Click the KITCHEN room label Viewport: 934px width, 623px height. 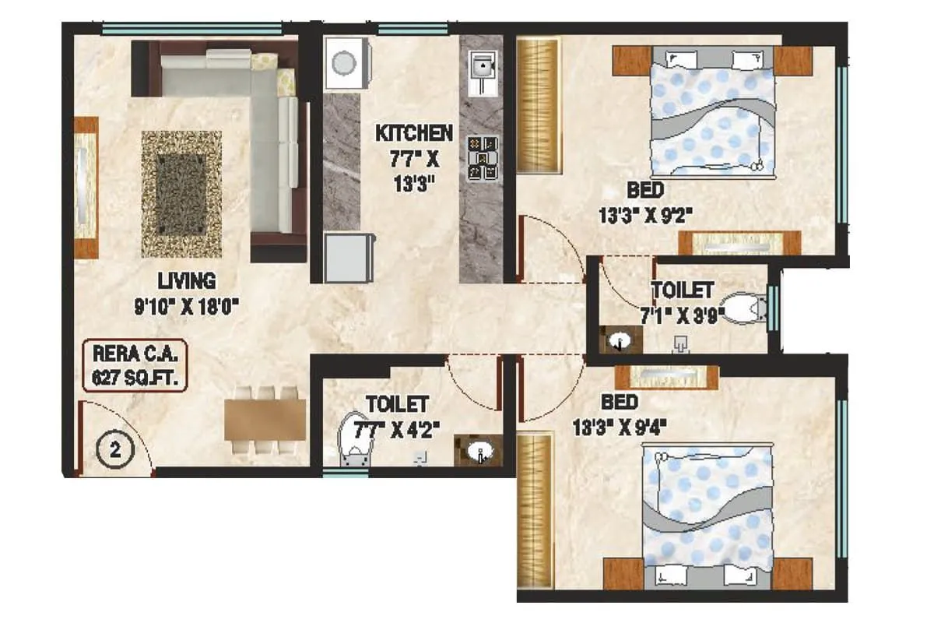tap(413, 133)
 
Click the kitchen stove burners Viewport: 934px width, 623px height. tap(483, 158)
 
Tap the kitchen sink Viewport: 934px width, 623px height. tap(483, 65)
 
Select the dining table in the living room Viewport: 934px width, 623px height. tap(265, 420)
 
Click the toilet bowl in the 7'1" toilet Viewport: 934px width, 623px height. tap(743, 308)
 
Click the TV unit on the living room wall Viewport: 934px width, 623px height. tap(86, 188)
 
